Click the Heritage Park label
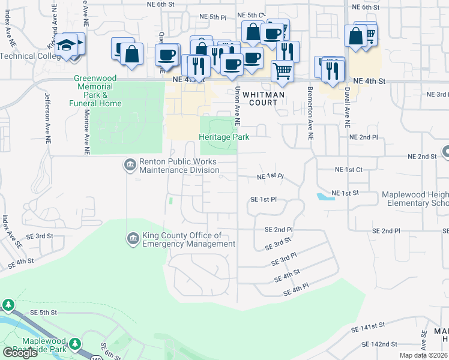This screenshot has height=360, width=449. pyautogui.click(x=224, y=137)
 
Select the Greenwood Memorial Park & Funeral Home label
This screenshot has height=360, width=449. pyautogui.click(x=97, y=91)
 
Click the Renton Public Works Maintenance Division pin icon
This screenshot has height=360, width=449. pyautogui.click(x=130, y=165)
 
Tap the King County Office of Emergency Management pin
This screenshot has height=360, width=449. pyautogui.click(x=133, y=239)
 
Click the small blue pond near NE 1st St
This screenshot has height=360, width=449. pyautogui.click(x=325, y=196)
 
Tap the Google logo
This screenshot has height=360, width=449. pyautogui.click(x=20, y=353)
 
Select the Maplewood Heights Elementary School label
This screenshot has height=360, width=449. pyautogui.click(x=415, y=199)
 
